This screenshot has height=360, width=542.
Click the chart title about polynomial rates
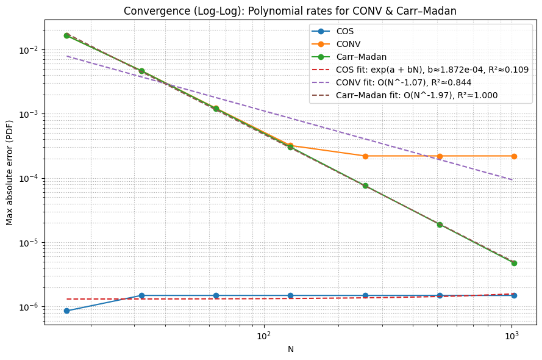290,11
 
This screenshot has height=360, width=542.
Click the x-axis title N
291,350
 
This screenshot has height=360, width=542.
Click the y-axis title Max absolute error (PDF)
10,173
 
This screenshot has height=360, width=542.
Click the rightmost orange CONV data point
514,156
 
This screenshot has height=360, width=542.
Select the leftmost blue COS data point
66,311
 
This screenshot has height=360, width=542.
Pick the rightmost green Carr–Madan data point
514,263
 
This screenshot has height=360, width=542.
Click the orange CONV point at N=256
365,156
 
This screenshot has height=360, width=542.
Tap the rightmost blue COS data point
514,295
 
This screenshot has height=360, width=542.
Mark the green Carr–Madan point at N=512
440,225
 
